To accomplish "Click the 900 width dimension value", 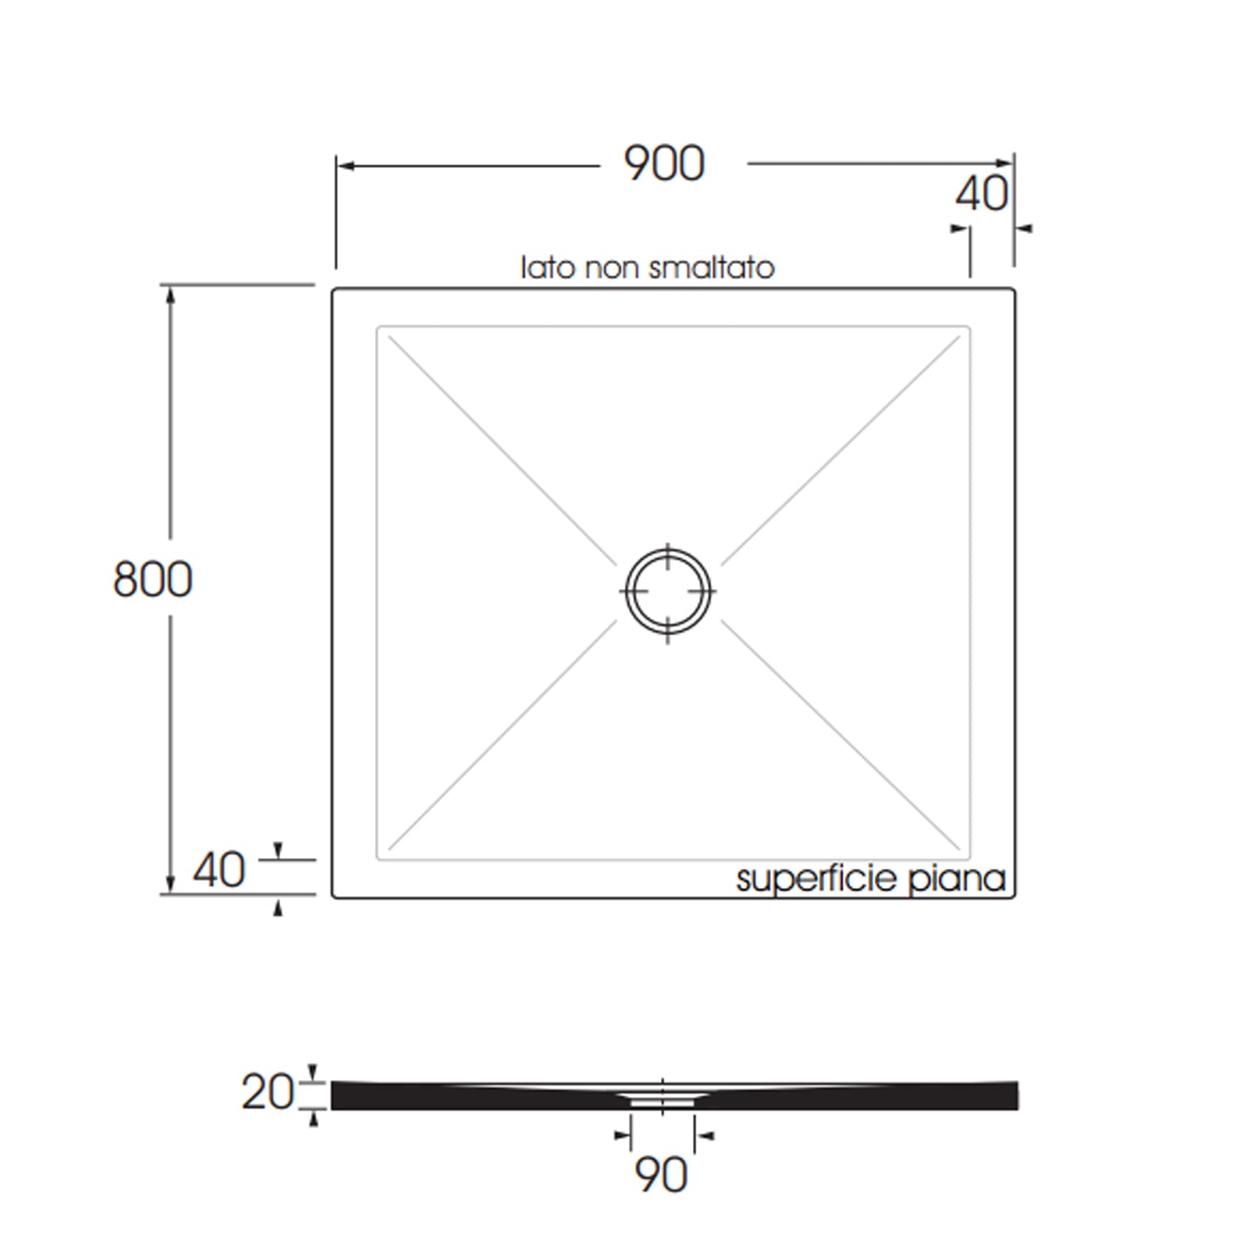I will click(664, 164).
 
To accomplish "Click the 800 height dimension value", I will click(152, 579).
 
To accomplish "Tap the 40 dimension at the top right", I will click(981, 195).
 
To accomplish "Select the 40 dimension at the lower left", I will click(219, 870).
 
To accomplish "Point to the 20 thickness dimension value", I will click(266, 1092).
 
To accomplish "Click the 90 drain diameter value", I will click(661, 1175).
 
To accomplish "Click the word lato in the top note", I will click(549, 267).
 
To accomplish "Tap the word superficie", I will click(815, 879).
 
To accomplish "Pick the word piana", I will click(957, 879).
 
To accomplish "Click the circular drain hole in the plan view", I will click(667, 591).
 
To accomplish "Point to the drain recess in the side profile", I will click(663, 1098).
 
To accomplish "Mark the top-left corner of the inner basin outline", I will click(378, 328).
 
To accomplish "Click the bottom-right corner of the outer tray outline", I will click(1014, 896).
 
